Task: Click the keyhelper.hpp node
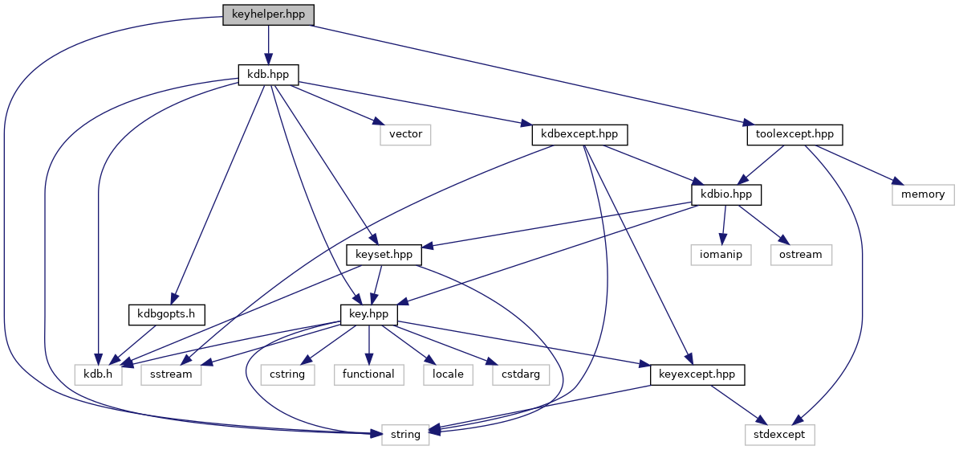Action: [268, 15]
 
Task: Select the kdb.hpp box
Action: [268, 75]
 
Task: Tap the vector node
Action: [405, 134]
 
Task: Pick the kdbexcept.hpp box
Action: [579, 134]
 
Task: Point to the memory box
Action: [923, 194]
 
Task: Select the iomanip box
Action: [720, 254]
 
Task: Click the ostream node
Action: [801, 254]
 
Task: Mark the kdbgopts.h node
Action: [166, 314]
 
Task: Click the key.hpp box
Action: [369, 314]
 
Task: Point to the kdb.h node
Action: [98, 374]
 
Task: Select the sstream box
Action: [171, 374]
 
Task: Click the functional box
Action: [368, 374]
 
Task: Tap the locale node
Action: [447, 374]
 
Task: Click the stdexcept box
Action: [784, 434]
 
